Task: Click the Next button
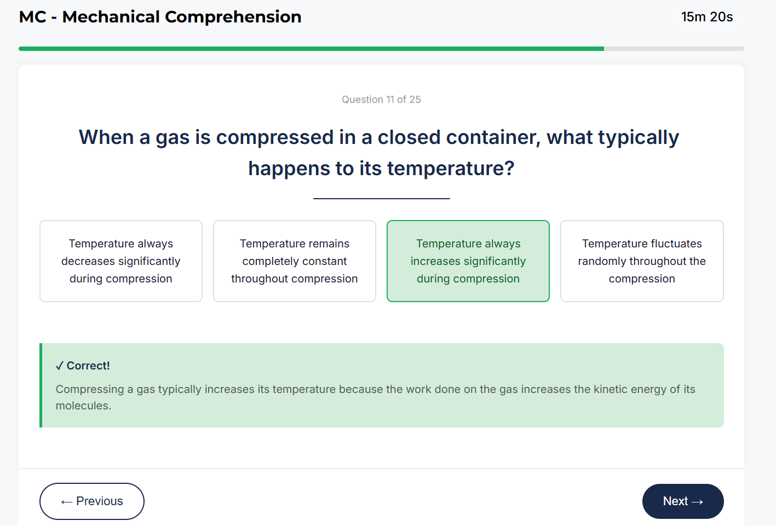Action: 682,501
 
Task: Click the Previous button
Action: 92,501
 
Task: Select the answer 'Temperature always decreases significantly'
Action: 121,261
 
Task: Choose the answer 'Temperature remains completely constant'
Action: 295,261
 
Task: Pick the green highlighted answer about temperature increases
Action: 468,261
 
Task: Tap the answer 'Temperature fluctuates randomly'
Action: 642,261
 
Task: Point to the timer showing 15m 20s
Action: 706,17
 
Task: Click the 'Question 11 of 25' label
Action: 381,100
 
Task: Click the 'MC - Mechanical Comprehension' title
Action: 160,17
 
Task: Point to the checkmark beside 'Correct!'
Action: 60,366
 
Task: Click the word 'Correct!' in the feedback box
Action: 88,366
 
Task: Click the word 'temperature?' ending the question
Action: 451,169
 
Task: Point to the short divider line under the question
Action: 381,198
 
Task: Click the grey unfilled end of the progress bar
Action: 674,49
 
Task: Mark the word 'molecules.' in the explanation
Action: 83,406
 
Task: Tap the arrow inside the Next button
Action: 697,502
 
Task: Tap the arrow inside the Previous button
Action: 67,502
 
